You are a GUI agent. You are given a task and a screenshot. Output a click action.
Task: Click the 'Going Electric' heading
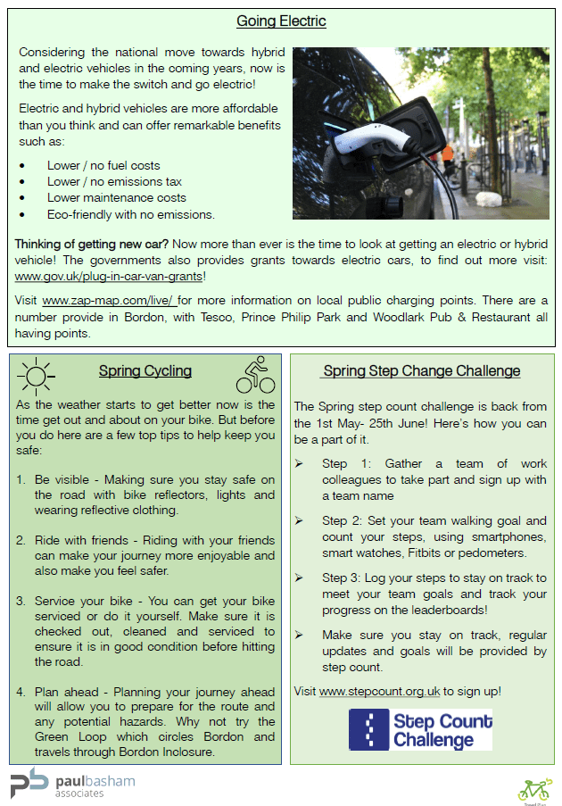pos(281,21)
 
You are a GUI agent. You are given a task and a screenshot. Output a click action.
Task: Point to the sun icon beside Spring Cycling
pos(37,375)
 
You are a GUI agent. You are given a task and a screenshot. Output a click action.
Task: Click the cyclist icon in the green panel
pos(255,375)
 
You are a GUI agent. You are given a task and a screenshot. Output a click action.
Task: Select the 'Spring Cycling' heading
pos(145,371)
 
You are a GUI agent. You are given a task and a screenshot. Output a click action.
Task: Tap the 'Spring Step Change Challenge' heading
pos(422,370)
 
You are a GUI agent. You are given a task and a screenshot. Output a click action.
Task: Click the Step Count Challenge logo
pos(420,729)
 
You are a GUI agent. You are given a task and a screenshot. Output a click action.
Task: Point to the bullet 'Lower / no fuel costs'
pos(103,165)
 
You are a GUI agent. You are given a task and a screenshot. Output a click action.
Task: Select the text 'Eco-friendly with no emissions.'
pos(131,214)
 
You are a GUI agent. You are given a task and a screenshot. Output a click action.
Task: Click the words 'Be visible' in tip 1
pos(65,479)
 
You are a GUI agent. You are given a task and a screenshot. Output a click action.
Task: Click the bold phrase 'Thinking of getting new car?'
pos(92,244)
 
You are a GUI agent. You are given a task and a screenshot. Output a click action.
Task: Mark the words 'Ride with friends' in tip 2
pos(87,540)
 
